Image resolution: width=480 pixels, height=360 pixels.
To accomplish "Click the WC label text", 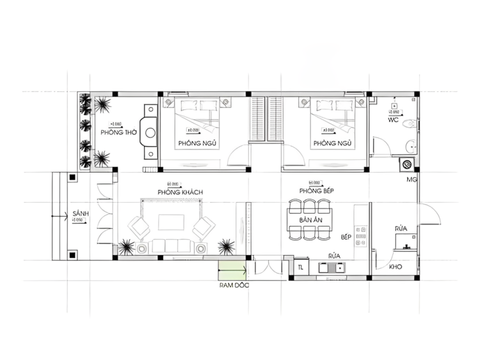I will (394, 120).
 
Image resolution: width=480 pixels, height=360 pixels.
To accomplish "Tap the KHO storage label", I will (395, 267).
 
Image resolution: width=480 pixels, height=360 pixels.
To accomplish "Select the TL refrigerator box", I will (300, 267).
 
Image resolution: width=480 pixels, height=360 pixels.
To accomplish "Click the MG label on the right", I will (412, 180).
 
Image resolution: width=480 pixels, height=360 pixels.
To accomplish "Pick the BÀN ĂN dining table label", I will (310, 221).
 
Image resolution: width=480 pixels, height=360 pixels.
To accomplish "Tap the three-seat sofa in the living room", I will (170, 246).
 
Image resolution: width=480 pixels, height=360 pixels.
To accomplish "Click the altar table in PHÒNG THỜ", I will (150, 133).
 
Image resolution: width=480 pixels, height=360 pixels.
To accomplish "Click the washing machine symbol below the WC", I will (405, 164).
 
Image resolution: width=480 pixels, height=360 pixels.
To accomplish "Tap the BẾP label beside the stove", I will (346, 237).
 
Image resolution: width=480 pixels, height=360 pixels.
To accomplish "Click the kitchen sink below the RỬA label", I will (333, 269).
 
